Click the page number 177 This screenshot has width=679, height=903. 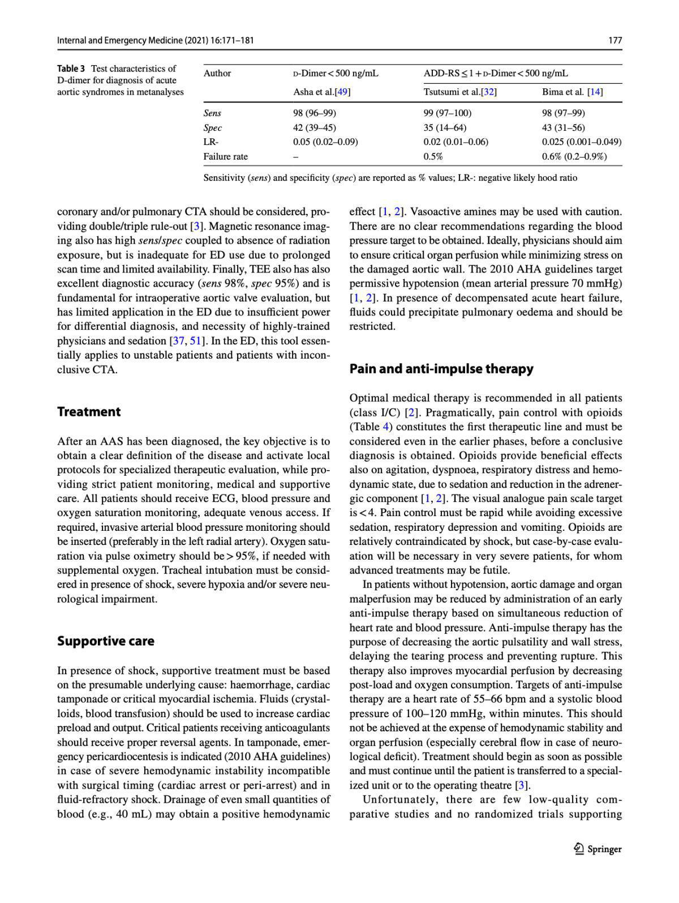pos(615,40)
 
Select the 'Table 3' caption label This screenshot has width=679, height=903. pos(71,69)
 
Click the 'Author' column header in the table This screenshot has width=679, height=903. pos(217,73)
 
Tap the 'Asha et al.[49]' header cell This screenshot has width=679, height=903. pos(321,92)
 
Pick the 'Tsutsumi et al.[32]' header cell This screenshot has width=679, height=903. pos(460,92)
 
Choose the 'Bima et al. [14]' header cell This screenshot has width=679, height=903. pos(572,92)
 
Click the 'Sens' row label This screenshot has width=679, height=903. pos(212,113)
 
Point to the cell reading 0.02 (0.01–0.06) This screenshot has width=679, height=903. pos(455,142)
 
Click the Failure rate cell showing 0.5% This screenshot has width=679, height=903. pos(433,156)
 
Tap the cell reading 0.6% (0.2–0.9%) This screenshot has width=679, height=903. pos(574,156)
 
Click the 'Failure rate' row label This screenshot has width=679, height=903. pos(225,156)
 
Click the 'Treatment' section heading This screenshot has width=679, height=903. pos(89,412)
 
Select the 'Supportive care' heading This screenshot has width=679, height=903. pos(105,641)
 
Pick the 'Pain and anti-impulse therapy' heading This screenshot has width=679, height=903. pos(441,369)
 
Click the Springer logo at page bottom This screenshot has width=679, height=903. pos(598,849)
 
